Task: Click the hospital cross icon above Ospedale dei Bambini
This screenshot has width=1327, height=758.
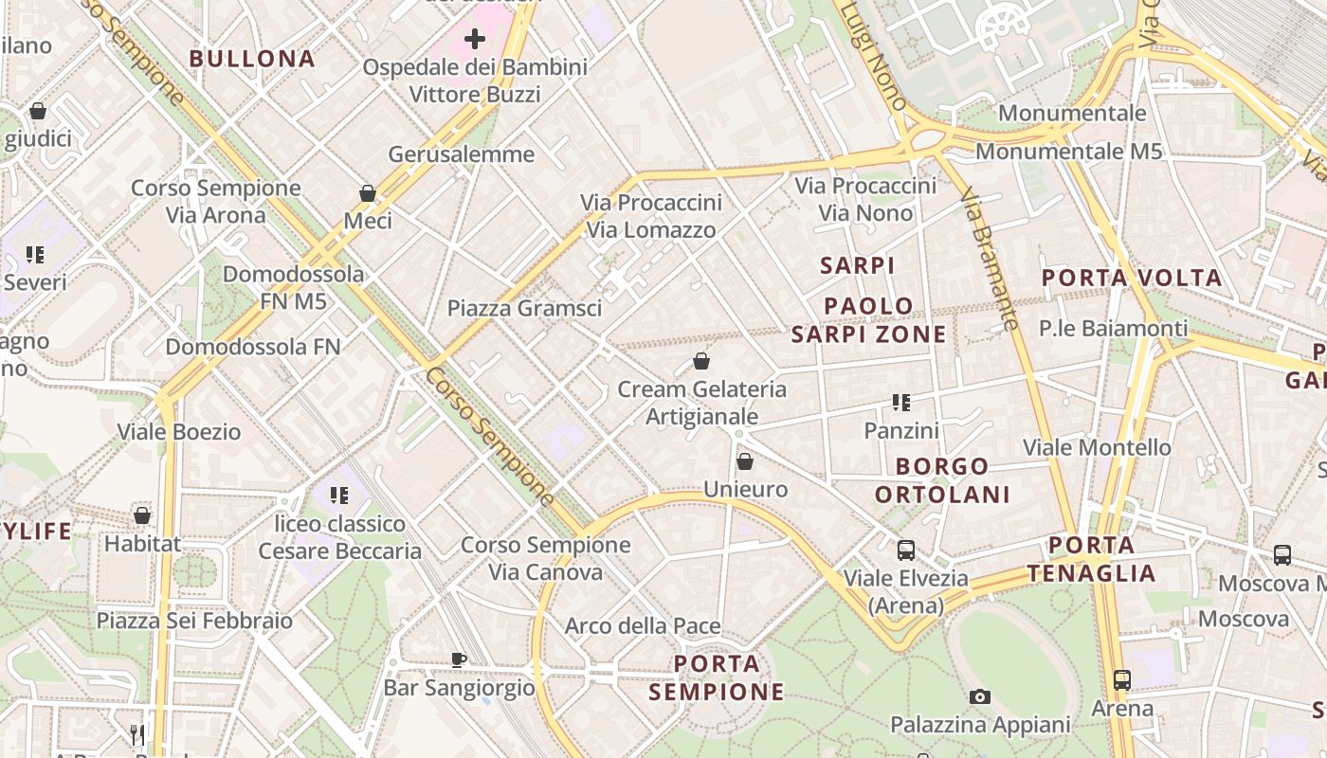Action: pos(475,39)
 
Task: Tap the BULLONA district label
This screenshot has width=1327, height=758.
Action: pos(251,59)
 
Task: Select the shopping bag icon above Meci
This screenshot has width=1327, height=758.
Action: pos(368,193)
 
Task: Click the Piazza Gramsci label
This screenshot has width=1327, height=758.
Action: pos(524,308)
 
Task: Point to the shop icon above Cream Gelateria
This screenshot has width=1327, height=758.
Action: pos(701,361)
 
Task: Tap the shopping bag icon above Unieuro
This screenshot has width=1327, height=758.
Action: pos(745,461)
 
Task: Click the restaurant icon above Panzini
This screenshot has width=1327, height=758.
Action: pos(900,403)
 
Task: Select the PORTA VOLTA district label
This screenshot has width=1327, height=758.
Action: pos(1132,279)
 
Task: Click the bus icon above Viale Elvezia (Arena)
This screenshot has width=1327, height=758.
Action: pos(906,550)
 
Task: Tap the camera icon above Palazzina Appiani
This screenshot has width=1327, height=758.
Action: pos(980,697)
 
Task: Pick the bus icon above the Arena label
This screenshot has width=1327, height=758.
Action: pos(1122,680)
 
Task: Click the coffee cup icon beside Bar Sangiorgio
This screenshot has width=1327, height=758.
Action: pos(459,659)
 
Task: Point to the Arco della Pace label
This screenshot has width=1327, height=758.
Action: pos(643,626)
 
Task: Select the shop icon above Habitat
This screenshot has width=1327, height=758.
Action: pos(142,515)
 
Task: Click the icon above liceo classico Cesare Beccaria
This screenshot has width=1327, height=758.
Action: pos(339,495)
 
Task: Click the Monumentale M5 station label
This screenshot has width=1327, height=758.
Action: pos(1068,152)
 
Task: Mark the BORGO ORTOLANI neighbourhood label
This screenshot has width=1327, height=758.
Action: pos(942,480)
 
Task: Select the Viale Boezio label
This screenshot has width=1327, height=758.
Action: pos(178,432)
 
